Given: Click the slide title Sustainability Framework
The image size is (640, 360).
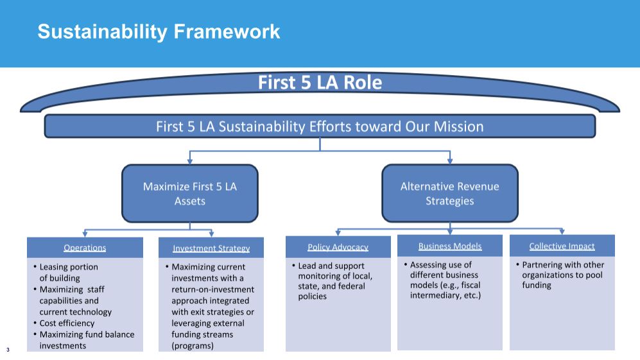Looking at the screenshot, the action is [159, 32].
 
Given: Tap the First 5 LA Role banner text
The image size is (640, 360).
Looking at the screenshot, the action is [320, 82].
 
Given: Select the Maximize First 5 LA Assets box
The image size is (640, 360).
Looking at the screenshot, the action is [190, 193].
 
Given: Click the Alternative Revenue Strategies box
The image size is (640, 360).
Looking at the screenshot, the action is [450, 193].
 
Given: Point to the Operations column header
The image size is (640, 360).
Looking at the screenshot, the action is [85, 248].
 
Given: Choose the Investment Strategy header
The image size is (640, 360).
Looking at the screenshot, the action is [211, 248].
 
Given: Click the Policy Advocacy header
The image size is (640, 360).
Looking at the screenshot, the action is [338, 247].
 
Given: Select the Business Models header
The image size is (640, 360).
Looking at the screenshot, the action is [450, 246].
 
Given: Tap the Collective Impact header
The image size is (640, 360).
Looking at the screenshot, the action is [562, 246].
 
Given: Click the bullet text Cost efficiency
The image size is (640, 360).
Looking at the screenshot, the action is [67, 323].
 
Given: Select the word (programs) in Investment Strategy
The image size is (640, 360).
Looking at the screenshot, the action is [193, 346].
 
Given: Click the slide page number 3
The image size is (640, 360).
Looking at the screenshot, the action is [8, 350].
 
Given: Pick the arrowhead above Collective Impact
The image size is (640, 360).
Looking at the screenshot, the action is [562, 232].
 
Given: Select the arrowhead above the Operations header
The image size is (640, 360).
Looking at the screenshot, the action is [85, 234].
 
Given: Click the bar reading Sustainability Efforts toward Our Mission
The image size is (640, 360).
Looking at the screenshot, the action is [320, 126].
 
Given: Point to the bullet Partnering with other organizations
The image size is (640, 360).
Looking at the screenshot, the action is [563, 275].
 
